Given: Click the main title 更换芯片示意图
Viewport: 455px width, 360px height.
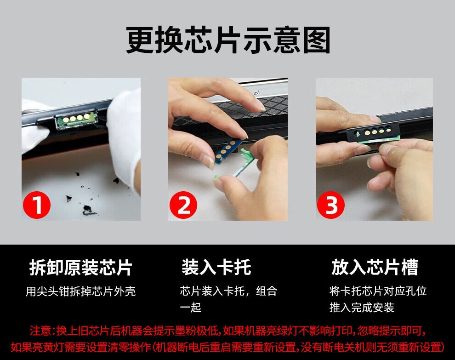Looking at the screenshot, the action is (x=228, y=40).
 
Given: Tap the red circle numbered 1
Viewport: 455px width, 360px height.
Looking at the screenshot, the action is (x=37, y=205).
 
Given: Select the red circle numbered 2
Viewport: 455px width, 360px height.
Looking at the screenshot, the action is (x=183, y=205).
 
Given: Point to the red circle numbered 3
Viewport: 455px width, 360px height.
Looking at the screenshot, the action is (x=331, y=205).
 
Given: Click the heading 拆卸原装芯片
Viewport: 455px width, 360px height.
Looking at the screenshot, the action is (x=81, y=268).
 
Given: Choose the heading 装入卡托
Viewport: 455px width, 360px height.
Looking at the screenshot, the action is (x=216, y=268).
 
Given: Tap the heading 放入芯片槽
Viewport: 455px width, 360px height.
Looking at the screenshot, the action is (x=375, y=268).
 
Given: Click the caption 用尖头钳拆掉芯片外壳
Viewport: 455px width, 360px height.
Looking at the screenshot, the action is (x=81, y=291).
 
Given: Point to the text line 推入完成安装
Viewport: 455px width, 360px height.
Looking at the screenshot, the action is (x=362, y=308).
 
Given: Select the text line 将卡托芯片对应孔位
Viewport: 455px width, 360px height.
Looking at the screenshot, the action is (x=378, y=291).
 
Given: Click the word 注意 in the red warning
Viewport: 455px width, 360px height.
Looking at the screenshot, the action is (x=40, y=331).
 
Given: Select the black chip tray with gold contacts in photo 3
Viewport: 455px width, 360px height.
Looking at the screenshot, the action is (x=374, y=133).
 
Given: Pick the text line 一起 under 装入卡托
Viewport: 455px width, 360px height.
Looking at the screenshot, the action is (x=190, y=308).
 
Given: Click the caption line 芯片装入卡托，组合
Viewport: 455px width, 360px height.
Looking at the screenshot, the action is (x=229, y=291).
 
